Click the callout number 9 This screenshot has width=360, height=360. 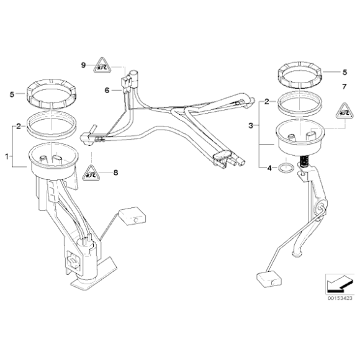click(x=83, y=65)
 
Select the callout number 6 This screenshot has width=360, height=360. click(x=106, y=90)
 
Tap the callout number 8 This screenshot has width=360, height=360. click(x=115, y=173)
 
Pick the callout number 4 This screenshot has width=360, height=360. click(x=269, y=168)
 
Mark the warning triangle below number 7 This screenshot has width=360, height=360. click(x=343, y=111)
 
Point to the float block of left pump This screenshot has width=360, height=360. click(x=131, y=215)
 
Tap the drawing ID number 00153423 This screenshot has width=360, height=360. click(x=339, y=298)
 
